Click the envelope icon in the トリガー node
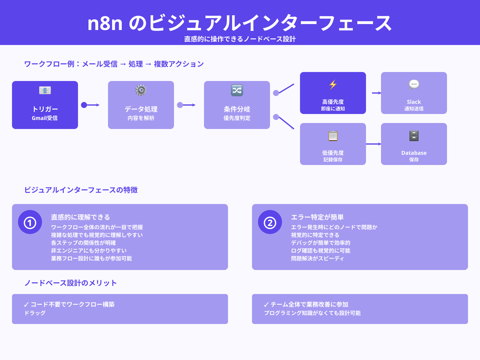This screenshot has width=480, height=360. pyautogui.click(x=45, y=90)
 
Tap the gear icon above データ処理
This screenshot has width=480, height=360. pyautogui.click(x=141, y=90)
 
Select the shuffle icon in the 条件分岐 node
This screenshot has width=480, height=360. pyautogui.click(x=237, y=90)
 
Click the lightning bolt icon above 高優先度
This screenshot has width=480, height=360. pyautogui.click(x=333, y=85)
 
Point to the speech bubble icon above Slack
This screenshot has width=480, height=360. pyautogui.click(x=414, y=85)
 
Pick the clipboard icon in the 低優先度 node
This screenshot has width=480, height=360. pyautogui.click(x=333, y=136)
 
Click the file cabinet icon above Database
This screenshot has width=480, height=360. pyautogui.click(x=414, y=136)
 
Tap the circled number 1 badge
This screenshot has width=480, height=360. pyautogui.click(x=30, y=222)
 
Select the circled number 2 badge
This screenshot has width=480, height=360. pyautogui.click(x=270, y=222)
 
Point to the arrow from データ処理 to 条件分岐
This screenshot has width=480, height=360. pyautogui.click(x=187, y=105)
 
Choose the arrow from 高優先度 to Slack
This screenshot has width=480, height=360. pyautogui.click(x=376, y=93)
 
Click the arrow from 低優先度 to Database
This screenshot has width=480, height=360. pyautogui.click(x=373, y=144)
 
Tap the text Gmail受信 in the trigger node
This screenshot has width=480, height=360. pyautogui.click(x=45, y=118)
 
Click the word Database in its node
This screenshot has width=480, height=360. pyautogui.click(x=414, y=153)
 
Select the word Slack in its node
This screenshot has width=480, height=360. pyautogui.click(x=414, y=102)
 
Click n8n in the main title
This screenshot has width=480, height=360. pyautogui.click(x=105, y=23)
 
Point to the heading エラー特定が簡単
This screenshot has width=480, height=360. pyautogui.click(x=317, y=217)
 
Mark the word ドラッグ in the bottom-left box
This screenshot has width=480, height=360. pyautogui.click(x=35, y=313)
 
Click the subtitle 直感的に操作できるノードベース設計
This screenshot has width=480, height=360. pyautogui.click(x=240, y=39)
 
